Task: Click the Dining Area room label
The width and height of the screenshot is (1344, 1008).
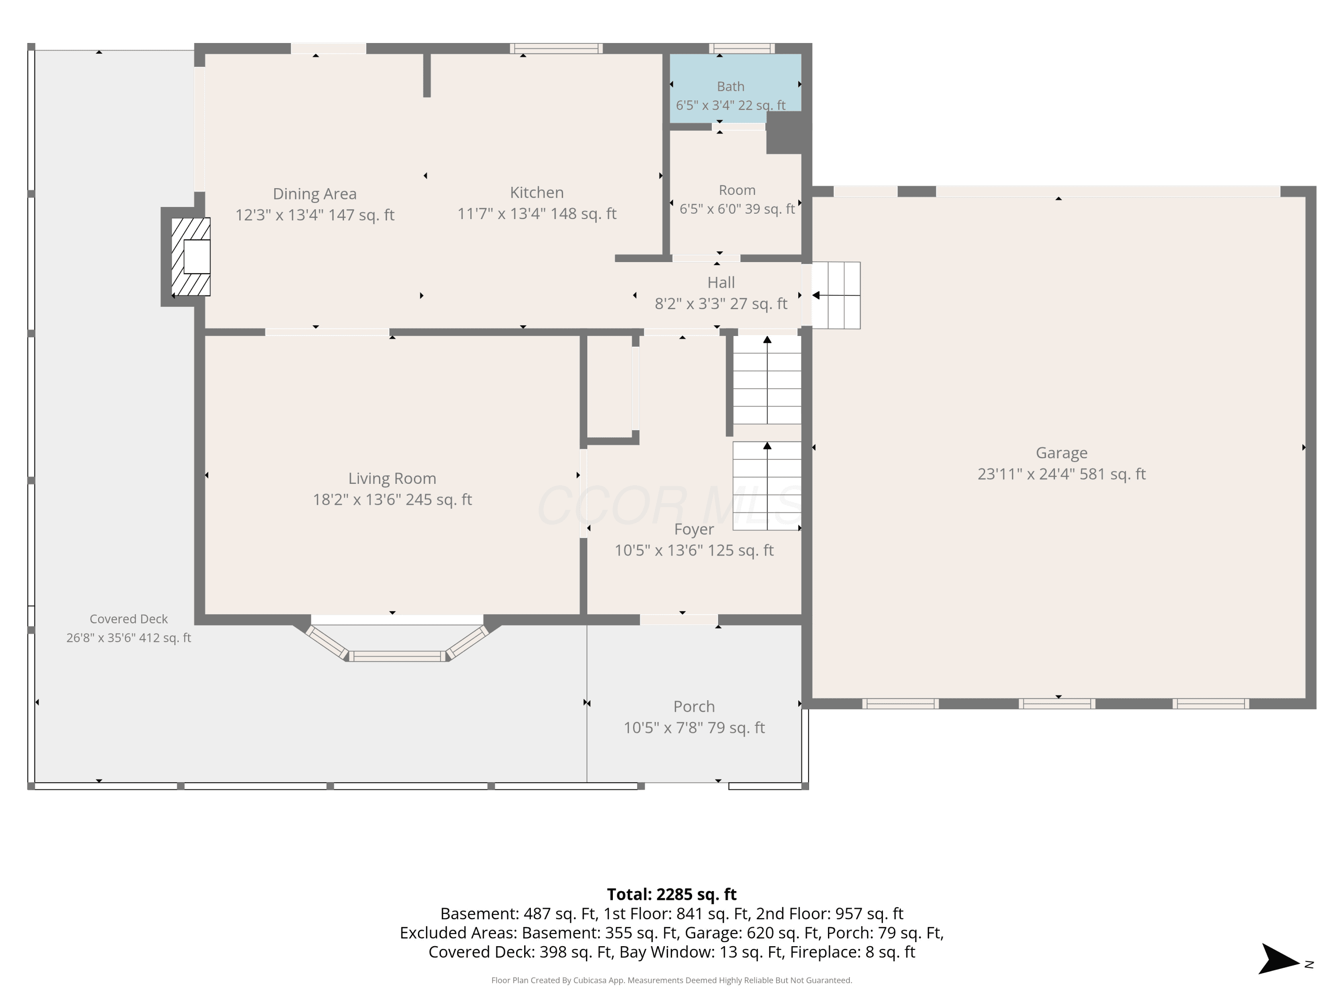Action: [315, 194]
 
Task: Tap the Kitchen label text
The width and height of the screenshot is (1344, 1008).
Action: [537, 193]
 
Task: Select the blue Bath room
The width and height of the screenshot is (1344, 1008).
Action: [735, 82]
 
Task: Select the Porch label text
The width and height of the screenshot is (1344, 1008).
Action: [694, 706]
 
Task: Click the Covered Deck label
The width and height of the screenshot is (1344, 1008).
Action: [129, 619]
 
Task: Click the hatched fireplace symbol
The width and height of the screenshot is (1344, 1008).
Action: [190, 256]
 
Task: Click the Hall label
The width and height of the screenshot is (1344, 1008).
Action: [721, 283]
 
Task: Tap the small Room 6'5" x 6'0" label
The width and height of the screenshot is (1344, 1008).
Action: [737, 190]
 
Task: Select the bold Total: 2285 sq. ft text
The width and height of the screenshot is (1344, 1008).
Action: [672, 894]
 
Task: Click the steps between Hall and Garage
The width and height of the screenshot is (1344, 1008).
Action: [836, 295]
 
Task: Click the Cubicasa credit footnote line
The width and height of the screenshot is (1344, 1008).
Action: [672, 980]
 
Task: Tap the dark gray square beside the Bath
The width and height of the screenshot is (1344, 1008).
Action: [788, 133]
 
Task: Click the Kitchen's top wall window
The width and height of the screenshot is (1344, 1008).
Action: [556, 48]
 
